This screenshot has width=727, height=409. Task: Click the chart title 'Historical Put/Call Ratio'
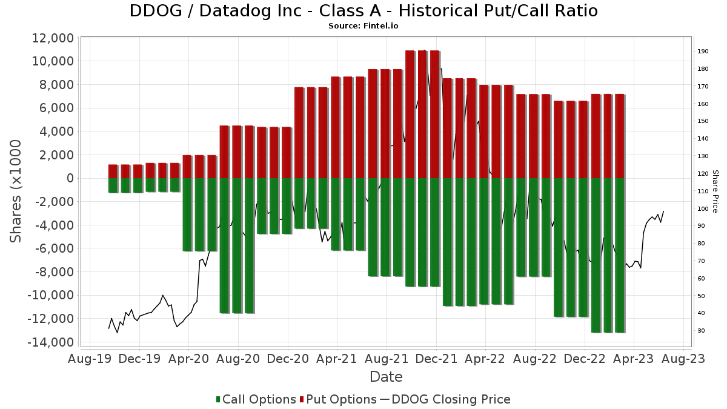363,11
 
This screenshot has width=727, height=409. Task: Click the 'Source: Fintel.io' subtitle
363,26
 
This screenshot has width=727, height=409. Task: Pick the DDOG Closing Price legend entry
445,399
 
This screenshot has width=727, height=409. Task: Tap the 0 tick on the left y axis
70,178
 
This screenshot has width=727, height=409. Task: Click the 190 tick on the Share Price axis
703,52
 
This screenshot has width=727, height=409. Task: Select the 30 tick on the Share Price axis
701,331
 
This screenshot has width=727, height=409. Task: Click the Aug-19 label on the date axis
90,359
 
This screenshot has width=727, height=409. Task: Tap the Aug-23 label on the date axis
683,359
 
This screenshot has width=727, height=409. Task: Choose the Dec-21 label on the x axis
436,359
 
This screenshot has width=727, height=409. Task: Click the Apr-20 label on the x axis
189,359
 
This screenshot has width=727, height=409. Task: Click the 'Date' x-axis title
386,377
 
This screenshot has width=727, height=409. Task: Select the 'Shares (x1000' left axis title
16,191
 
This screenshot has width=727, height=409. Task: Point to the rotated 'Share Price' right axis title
715,191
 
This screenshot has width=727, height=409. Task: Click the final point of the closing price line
663,211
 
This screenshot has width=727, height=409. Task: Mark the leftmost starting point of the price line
109,328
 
